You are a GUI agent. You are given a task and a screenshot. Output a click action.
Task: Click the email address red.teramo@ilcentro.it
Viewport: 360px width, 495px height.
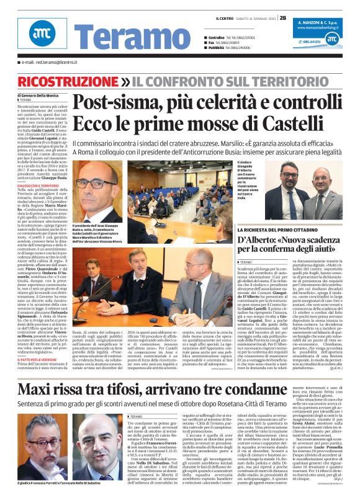click(x=47, y=63)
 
